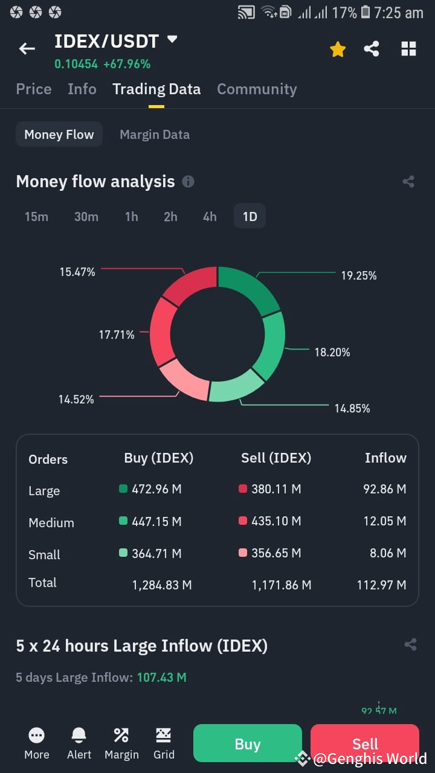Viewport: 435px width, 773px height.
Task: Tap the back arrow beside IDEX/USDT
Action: tap(27, 49)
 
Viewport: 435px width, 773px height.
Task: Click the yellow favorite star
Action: tap(338, 50)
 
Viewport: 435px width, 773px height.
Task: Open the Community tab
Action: tap(257, 89)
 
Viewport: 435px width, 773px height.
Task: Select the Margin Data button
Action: tap(155, 135)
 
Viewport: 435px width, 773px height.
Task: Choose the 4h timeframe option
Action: tap(210, 216)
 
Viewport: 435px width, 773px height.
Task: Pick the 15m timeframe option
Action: tap(36, 216)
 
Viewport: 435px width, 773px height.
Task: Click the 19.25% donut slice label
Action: tap(359, 275)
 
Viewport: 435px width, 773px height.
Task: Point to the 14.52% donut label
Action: tap(76, 399)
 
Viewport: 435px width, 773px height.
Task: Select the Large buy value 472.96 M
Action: tap(156, 489)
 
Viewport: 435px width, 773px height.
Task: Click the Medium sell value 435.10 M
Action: tap(276, 521)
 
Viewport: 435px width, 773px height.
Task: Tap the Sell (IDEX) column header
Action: tap(276, 458)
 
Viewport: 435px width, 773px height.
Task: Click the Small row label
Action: tap(44, 554)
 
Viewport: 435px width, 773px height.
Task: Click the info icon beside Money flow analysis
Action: tap(188, 182)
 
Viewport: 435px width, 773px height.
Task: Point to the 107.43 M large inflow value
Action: tap(162, 678)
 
